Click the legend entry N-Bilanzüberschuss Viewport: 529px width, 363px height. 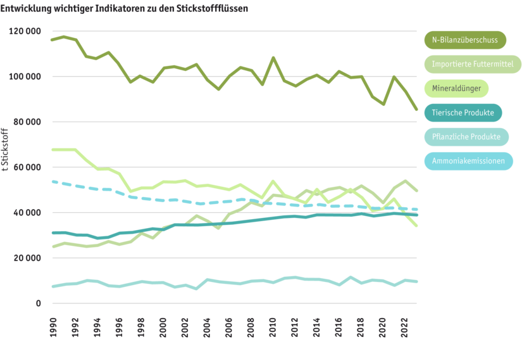coord(464,40)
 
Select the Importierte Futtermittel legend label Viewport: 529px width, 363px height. coord(472,64)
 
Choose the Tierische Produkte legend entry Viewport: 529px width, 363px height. coord(463,113)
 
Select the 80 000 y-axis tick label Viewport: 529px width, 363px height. coord(27,122)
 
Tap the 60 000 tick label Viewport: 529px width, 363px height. coord(27,167)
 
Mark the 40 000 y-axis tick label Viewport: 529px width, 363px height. coord(27,212)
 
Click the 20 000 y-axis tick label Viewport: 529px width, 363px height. coord(27,258)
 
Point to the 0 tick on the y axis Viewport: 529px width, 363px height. coord(38,303)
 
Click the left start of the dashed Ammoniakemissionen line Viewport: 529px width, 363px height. coord(53,181)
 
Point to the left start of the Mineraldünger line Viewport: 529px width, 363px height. coord(53,150)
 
